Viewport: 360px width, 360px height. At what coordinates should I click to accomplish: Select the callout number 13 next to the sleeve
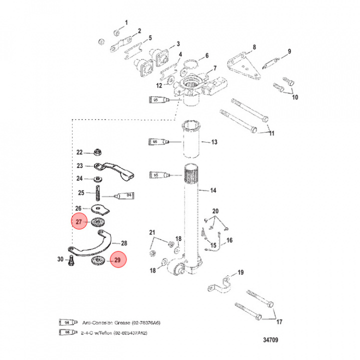[214, 142]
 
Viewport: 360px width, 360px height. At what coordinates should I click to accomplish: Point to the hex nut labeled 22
[98, 152]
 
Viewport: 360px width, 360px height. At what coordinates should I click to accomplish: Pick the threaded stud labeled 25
[98, 192]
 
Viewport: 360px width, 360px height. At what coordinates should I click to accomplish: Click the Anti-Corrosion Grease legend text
[118, 323]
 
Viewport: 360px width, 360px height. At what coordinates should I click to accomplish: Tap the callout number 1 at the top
[126, 22]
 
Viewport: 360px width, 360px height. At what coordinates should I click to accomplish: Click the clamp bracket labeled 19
[220, 287]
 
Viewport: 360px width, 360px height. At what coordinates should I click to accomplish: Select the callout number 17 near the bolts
[279, 321]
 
